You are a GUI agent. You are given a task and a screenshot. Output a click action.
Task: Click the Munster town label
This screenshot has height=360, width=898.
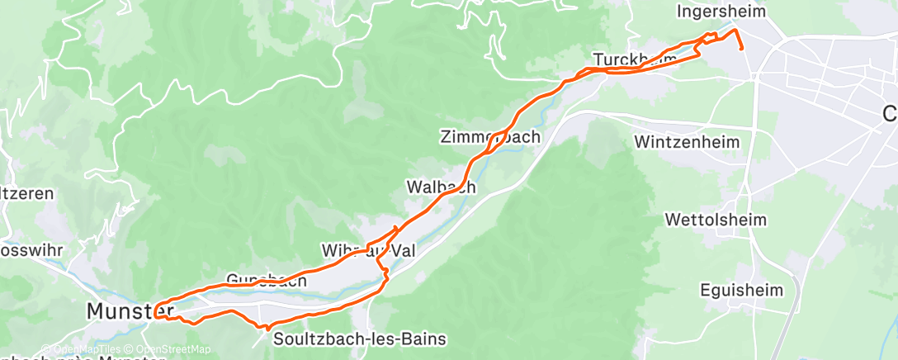[119, 311]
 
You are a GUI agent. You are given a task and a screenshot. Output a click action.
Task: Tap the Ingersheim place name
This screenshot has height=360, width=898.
[709, 12]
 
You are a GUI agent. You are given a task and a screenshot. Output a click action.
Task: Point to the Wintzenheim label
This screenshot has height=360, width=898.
[687, 142]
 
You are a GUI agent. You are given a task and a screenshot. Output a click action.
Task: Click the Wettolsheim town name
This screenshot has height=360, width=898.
[716, 220]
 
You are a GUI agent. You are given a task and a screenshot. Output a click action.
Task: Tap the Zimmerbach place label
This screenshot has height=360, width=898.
[490, 136]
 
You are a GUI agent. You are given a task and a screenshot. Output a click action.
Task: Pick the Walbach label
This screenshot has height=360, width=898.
[441, 187]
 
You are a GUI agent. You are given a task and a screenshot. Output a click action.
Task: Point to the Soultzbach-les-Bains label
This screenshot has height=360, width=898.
[359, 339]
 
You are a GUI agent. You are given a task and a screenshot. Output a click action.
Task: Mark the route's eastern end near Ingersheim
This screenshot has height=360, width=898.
[743, 48]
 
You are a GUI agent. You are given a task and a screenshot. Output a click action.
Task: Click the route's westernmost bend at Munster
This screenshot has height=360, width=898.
[154, 310]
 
